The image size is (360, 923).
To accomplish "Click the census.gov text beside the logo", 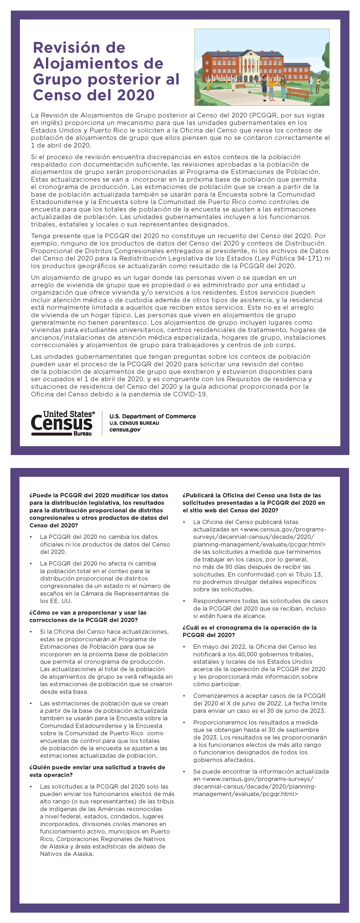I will tap(125, 430).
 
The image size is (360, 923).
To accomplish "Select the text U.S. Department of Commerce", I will tap(153, 416).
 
